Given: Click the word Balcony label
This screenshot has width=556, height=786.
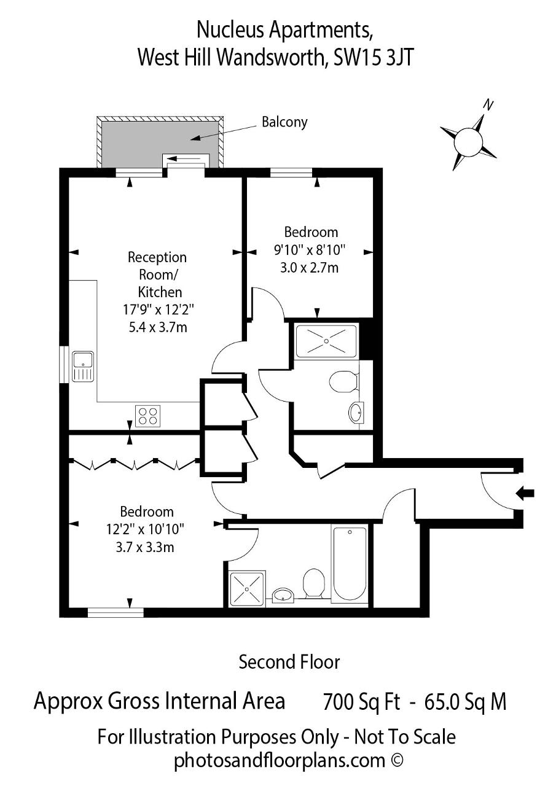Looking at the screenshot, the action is point(284,122).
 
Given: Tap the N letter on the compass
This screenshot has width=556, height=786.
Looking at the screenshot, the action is point(488,104).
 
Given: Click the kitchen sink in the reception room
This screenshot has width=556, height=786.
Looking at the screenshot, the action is point(83,367).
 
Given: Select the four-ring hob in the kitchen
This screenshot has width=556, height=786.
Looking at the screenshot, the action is point(148,416).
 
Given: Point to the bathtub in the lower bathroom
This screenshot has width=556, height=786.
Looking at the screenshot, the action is point(350,565).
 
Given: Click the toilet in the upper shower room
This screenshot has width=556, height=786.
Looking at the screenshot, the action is point(343,381).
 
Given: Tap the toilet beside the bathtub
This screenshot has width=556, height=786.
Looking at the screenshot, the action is point(313,583).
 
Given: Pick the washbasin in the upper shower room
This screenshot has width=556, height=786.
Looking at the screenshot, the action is point(356,412).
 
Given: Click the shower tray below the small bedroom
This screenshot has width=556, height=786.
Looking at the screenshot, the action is point(326,341).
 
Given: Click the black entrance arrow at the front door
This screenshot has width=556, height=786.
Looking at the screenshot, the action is point(525,493).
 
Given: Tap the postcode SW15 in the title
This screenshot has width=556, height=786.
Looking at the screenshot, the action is point(356,57).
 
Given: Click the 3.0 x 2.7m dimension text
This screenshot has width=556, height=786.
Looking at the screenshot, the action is point(309,268).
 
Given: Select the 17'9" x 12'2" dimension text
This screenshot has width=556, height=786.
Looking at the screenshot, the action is point(159,310).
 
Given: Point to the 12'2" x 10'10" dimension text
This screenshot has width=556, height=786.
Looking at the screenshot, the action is point(145,529).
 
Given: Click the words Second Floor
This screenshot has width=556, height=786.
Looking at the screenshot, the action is point(289,663).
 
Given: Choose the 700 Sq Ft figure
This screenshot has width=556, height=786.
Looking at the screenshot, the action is point(361,702).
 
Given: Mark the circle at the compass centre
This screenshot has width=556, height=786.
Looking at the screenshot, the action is point(468,142).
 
